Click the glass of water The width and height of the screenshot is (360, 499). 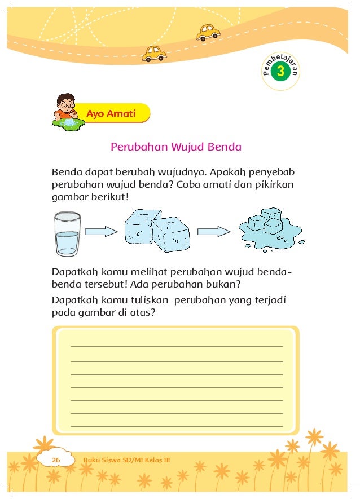click(x=68, y=235)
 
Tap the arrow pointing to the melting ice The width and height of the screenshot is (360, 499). click(x=214, y=231)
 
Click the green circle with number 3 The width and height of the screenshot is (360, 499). click(x=280, y=72)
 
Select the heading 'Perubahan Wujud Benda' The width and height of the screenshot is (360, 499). click(x=176, y=147)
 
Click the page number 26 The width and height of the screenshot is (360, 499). click(x=56, y=460)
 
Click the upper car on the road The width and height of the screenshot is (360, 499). click(x=208, y=32)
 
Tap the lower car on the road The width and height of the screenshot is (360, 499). click(x=154, y=53)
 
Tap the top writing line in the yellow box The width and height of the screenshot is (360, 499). click(x=176, y=346)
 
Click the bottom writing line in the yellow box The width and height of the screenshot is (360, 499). click(x=176, y=426)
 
